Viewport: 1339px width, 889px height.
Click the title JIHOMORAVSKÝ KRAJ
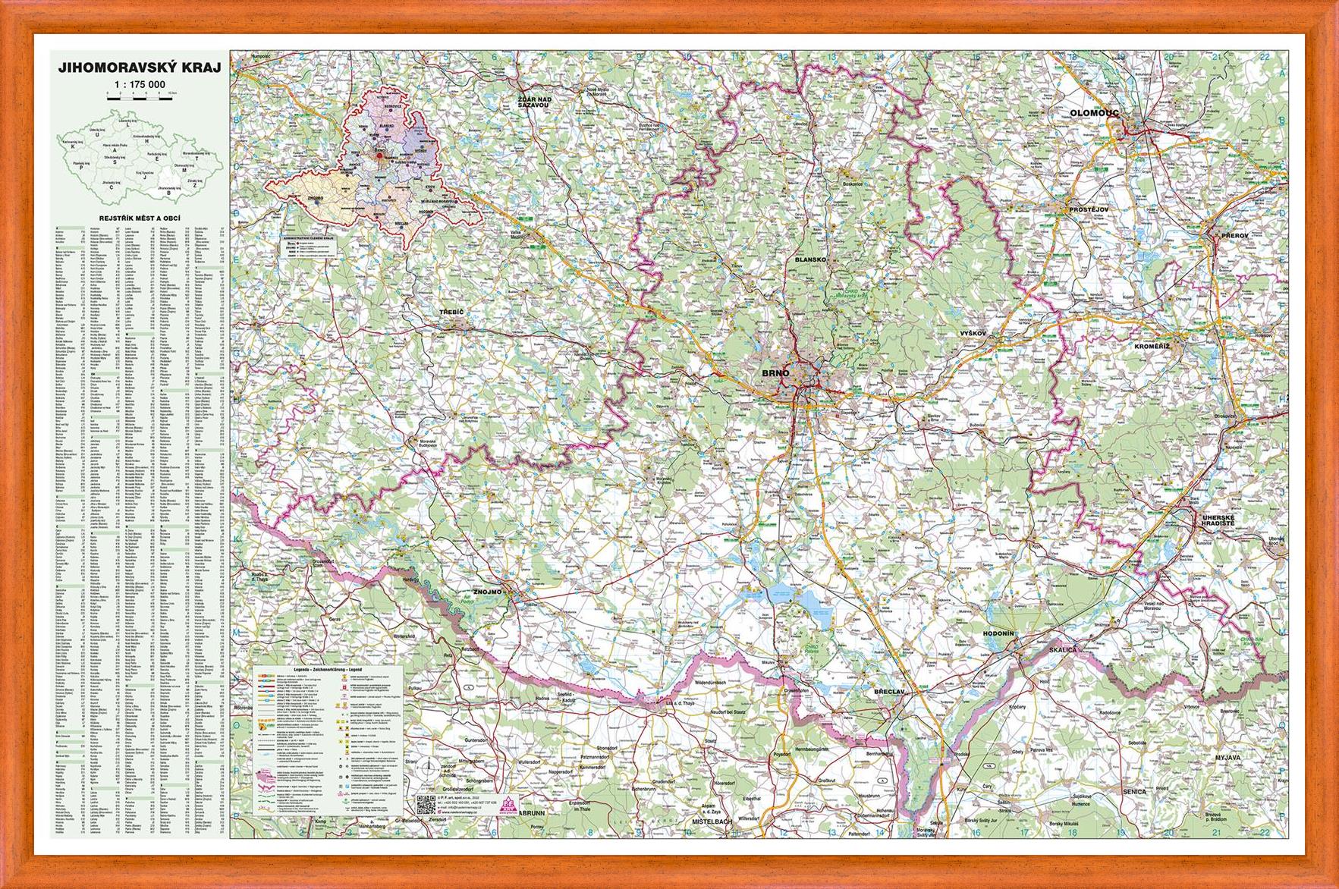point(140,68)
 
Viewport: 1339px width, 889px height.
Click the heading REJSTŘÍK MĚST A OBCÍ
point(140,217)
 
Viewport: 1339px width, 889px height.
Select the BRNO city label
point(775,373)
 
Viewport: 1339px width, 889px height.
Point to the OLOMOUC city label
point(1095,113)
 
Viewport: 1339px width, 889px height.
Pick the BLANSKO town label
point(809,259)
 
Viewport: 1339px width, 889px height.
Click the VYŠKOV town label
point(973,333)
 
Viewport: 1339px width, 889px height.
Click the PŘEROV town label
point(1235,236)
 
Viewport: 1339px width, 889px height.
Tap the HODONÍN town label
point(998,633)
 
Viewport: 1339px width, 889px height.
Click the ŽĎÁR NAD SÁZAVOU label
point(533,104)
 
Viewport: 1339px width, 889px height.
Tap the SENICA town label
point(1134,791)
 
